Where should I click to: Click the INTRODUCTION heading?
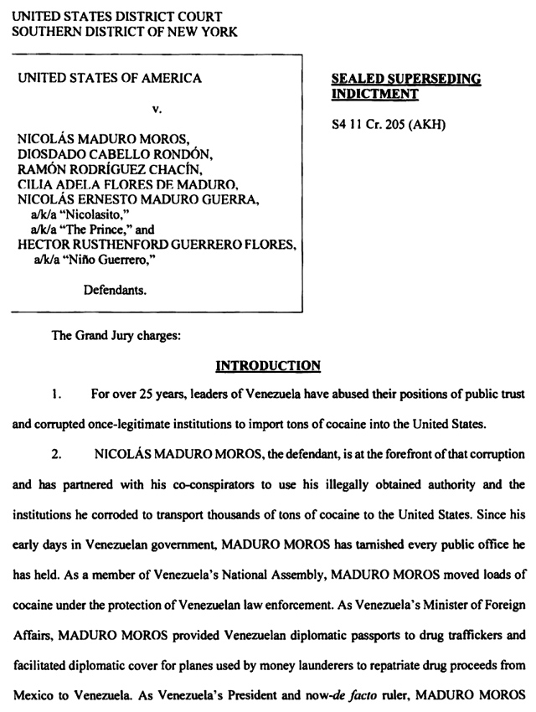[268, 365]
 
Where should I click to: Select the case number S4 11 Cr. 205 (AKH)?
[389, 126]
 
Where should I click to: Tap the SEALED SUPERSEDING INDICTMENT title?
[406, 86]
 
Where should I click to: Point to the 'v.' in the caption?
[156, 109]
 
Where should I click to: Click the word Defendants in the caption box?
[116, 291]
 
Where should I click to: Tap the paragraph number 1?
[55, 393]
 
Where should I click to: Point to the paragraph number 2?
[55, 454]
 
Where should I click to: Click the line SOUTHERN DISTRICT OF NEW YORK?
[124, 32]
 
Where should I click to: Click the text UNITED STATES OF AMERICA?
[110, 78]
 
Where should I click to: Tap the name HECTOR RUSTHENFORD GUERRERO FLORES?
[157, 244]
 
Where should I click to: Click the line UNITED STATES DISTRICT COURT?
[116, 16]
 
